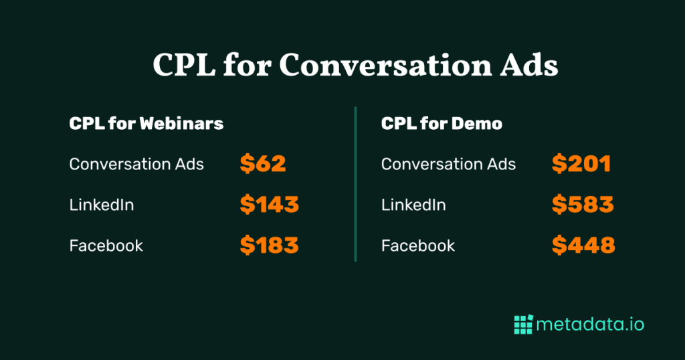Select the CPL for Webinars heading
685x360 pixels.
click(x=146, y=124)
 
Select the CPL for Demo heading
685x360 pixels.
click(x=442, y=124)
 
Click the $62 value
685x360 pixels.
click(x=263, y=164)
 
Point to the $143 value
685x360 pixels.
click(x=269, y=205)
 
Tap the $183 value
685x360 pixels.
click(x=269, y=246)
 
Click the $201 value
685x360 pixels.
click(x=581, y=164)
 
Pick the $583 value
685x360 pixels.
click(x=583, y=205)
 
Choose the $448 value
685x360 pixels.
click(x=583, y=246)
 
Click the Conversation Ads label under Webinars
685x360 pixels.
click(x=136, y=164)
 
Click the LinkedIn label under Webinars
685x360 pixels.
click(x=102, y=205)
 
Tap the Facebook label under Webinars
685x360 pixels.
click(x=106, y=246)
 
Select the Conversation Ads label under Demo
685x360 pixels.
click(x=448, y=164)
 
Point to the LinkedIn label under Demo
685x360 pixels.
click(x=413, y=205)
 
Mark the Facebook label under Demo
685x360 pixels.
click(x=418, y=246)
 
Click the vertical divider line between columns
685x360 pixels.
click(x=356, y=184)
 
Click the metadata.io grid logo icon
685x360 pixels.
click(x=523, y=324)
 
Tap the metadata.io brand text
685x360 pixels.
click(x=590, y=325)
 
